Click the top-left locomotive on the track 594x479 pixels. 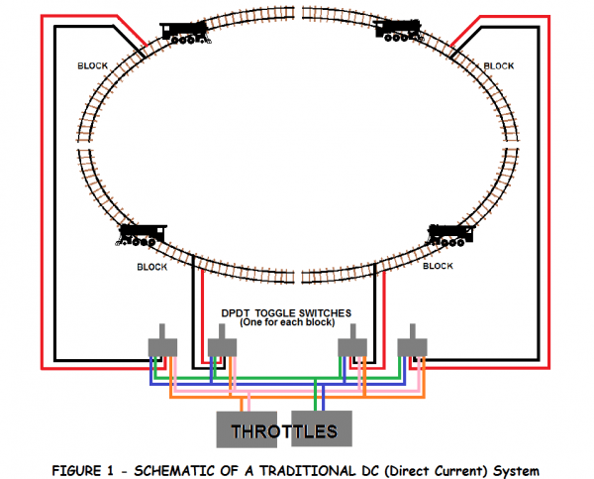tap(184, 33)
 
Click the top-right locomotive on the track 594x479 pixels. tap(402, 33)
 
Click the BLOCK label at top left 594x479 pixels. tap(92, 66)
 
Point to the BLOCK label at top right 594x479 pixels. tap(498, 66)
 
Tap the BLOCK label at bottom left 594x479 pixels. tap(151, 266)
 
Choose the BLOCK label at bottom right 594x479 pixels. tap(438, 266)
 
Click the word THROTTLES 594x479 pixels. tap(282, 431)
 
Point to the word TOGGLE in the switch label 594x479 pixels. tap(286, 311)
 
